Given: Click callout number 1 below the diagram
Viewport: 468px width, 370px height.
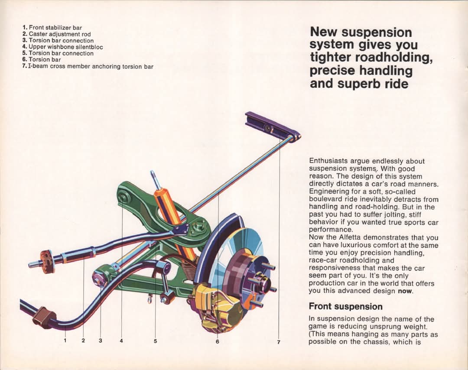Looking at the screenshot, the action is tap(65, 341).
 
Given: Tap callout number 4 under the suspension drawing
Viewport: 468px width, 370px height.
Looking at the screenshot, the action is tap(121, 341).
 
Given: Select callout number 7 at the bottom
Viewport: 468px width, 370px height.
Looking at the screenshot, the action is tap(279, 342).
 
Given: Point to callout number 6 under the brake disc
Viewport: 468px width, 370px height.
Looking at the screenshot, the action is tap(217, 341).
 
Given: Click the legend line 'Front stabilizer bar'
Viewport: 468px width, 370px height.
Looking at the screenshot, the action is tap(52, 28).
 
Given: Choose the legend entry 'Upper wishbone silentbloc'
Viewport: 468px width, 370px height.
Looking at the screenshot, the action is tap(62, 47).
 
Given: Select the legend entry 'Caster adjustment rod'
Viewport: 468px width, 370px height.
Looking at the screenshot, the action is tap(56, 34).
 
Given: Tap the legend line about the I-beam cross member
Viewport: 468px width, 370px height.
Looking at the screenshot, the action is tap(88, 66).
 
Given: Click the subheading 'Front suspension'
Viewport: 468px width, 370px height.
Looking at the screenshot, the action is tap(346, 306).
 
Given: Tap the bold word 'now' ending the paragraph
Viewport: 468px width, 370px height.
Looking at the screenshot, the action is tap(405, 291).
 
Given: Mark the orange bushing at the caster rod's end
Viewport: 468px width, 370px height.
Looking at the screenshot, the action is tap(46, 262).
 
